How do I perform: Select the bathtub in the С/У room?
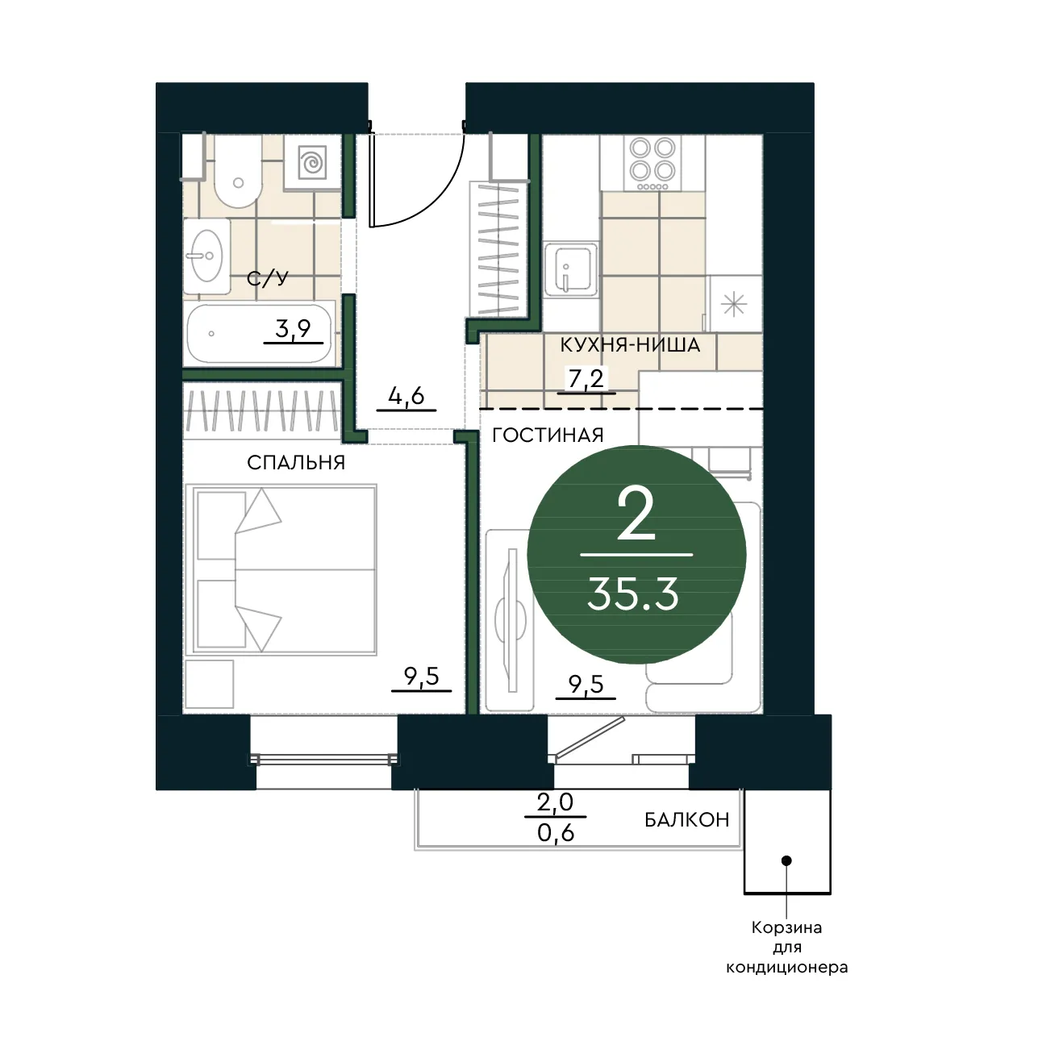[x=259, y=334]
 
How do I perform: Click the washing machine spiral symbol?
[x=312, y=161]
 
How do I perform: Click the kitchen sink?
[x=571, y=269]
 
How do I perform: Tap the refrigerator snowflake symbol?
[x=734, y=305]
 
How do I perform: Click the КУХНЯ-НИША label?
[x=630, y=345]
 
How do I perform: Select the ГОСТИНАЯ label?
[x=548, y=435]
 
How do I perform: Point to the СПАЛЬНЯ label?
[x=296, y=463]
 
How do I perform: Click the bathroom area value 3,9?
[x=294, y=329]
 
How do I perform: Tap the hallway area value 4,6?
[x=406, y=397]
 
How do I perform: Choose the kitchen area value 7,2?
[x=586, y=379]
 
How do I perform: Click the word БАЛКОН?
[x=687, y=820]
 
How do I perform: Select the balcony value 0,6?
[x=556, y=834]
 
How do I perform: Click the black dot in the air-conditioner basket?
[x=786, y=861]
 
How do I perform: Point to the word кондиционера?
[x=787, y=968]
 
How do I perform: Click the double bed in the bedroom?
[x=281, y=570]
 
